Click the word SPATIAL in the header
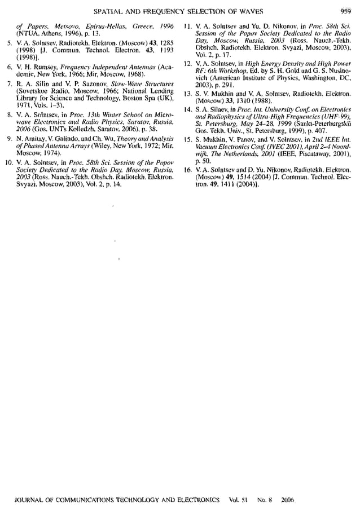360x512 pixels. [108, 10]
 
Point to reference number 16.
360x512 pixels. [190, 169]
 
